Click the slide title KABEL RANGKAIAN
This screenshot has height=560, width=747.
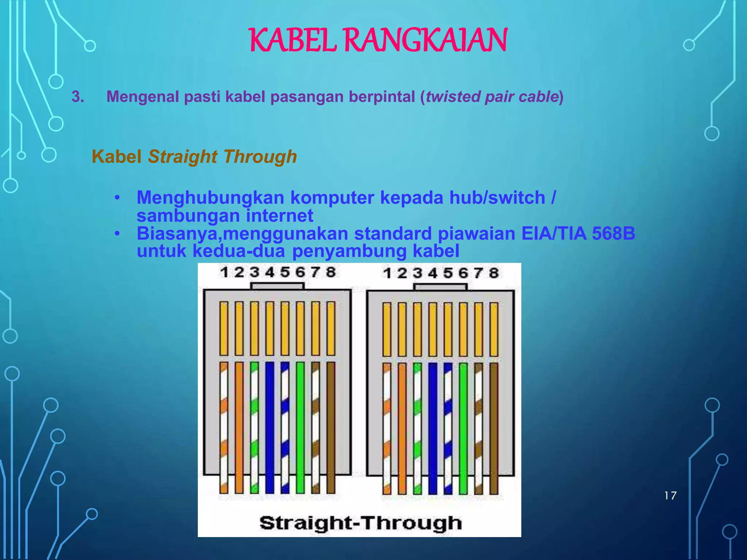tap(378, 40)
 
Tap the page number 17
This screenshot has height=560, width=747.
tap(670, 496)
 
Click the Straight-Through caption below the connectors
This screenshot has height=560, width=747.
tap(360, 523)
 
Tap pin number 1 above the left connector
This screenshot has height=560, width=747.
tap(224, 272)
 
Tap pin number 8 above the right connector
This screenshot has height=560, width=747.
tap(494, 273)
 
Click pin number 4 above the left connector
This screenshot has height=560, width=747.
tap(270, 272)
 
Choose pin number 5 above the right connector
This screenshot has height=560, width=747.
tap(448, 273)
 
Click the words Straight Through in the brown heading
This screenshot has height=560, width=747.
tap(222, 157)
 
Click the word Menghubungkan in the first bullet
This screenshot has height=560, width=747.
tap(210, 198)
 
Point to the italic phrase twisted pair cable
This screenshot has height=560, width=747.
tap(492, 97)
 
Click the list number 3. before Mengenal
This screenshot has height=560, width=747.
tap(78, 97)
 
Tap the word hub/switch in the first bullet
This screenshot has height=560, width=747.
tap(497, 198)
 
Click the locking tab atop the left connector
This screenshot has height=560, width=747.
tap(277, 286)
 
